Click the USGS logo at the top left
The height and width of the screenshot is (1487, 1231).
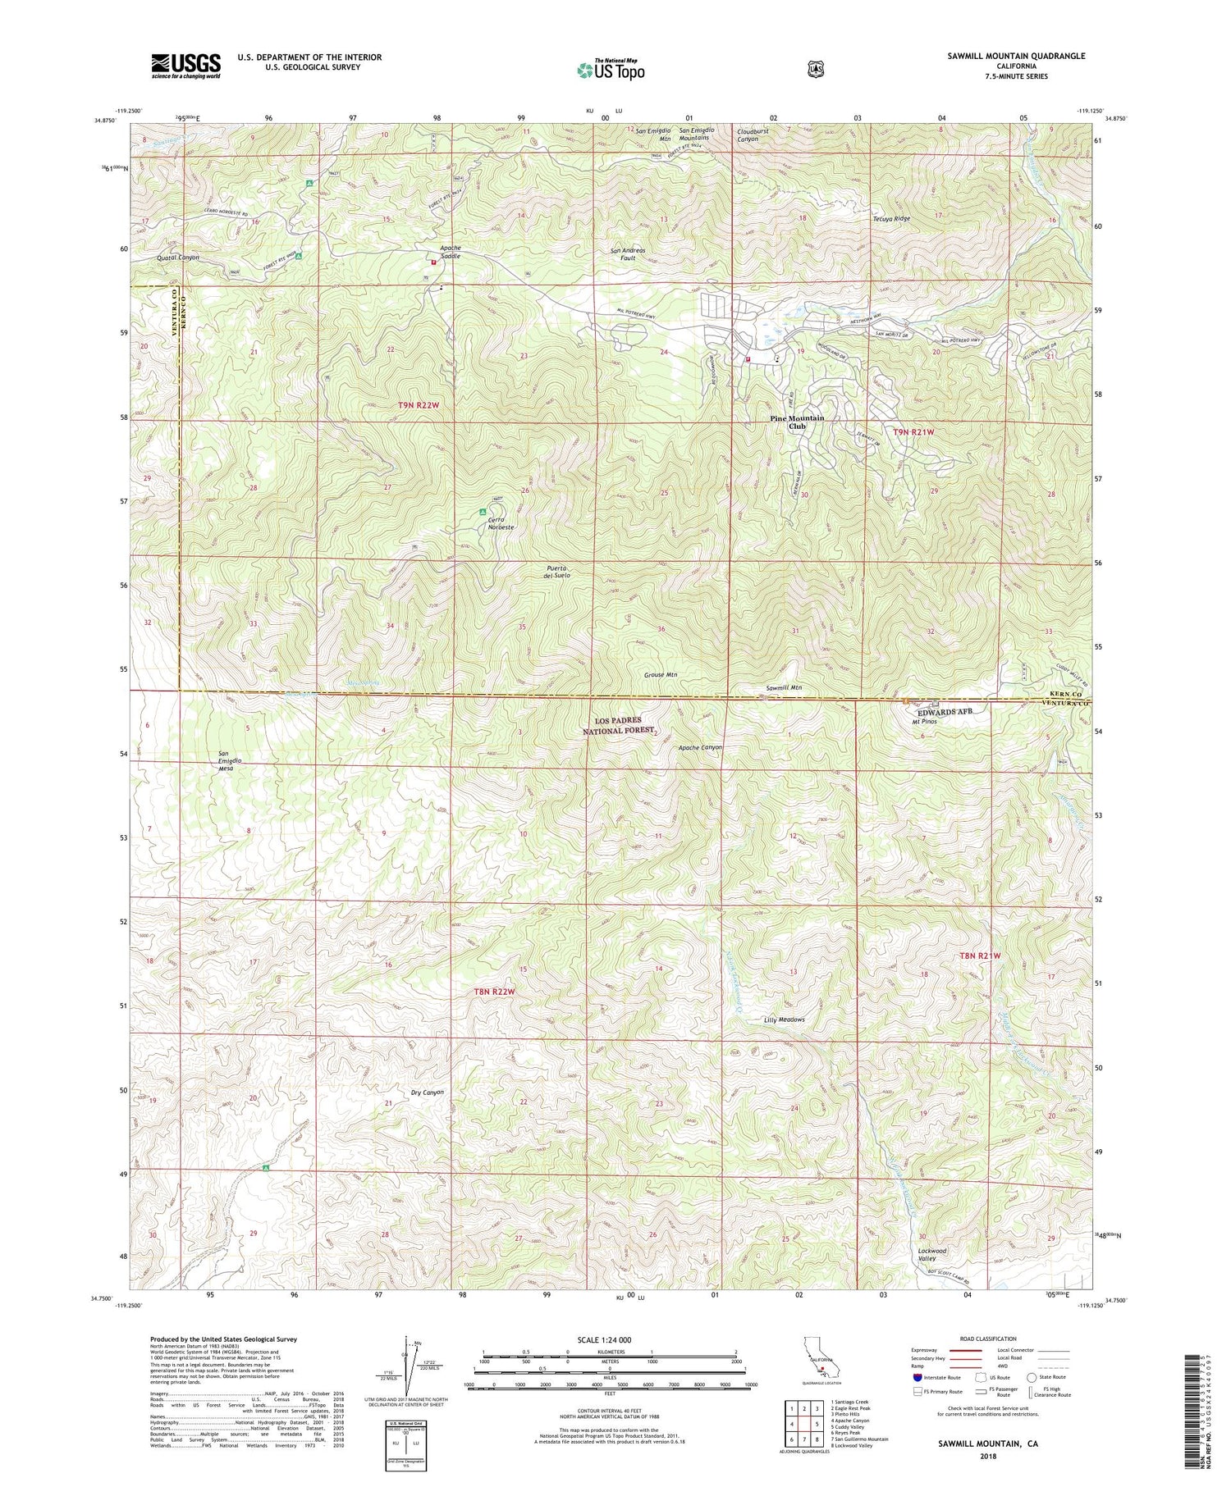tap(186, 66)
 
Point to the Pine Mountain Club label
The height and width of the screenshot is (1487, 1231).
tap(797, 422)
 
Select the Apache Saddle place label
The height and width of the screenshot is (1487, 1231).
tap(450, 252)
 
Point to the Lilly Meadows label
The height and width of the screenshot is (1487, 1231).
tap(784, 1019)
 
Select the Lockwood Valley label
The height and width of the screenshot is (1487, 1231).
tap(932, 1255)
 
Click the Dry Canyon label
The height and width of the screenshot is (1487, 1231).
tap(427, 1092)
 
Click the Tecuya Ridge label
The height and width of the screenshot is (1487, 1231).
tap(891, 219)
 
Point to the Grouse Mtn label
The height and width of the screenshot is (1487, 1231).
tap(660, 675)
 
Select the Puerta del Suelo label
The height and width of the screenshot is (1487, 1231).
tap(556, 571)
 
